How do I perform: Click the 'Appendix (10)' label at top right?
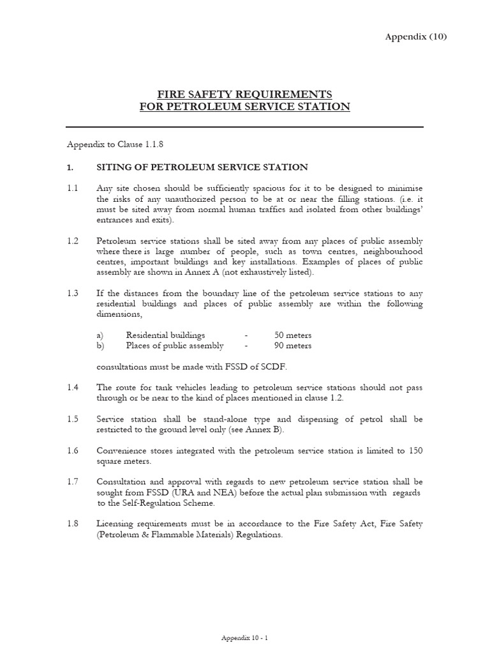(x=416, y=36)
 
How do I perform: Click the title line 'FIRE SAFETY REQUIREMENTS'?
(x=245, y=94)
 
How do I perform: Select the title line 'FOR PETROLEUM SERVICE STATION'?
(x=245, y=107)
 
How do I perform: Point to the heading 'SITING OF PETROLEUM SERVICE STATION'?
(x=202, y=167)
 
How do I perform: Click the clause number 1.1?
(x=72, y=188)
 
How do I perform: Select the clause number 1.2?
(x=72, y=241)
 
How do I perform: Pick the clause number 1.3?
(x=72, y=293)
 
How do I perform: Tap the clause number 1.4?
(x=72, y=388)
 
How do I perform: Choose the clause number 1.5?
(x=72, y=419)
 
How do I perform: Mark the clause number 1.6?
(x=72, y=450)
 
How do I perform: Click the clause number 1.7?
(x=72, y=482)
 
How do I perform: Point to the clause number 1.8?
(x=72, y=524)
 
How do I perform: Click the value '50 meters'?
(x=293, y=335)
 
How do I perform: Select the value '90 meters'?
(x=293, y=346)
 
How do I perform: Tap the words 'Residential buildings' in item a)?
(x=166, y=335)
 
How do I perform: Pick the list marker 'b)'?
(x=101, y=346)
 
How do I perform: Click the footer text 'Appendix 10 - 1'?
(x=244, y=638)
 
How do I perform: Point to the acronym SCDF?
(x=272, y=367)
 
